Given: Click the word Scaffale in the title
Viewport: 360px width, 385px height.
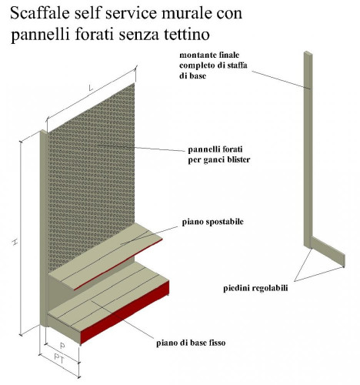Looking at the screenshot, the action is point(40,13).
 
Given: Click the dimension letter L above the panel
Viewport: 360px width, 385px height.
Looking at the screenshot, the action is point(91,88).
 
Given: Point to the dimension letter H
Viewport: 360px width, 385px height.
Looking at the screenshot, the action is point(15,242).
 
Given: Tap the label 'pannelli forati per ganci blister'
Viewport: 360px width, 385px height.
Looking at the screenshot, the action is point(219,155).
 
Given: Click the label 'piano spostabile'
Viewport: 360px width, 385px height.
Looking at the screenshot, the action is point(212,222).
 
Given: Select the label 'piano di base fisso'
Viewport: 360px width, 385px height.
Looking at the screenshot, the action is point(191,343).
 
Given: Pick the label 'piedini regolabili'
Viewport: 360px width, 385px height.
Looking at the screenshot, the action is point(255,288).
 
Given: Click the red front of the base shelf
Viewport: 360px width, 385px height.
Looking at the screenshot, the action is point(125,312).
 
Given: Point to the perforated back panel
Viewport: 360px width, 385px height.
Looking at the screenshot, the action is point(91,175).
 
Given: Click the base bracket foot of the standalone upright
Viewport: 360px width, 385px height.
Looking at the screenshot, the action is point(328,252).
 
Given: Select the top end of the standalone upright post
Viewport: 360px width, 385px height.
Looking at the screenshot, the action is point(308,53).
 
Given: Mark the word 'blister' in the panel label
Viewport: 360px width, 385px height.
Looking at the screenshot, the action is point(238,159).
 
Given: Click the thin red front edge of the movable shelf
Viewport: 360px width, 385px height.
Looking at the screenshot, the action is point(118,265).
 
